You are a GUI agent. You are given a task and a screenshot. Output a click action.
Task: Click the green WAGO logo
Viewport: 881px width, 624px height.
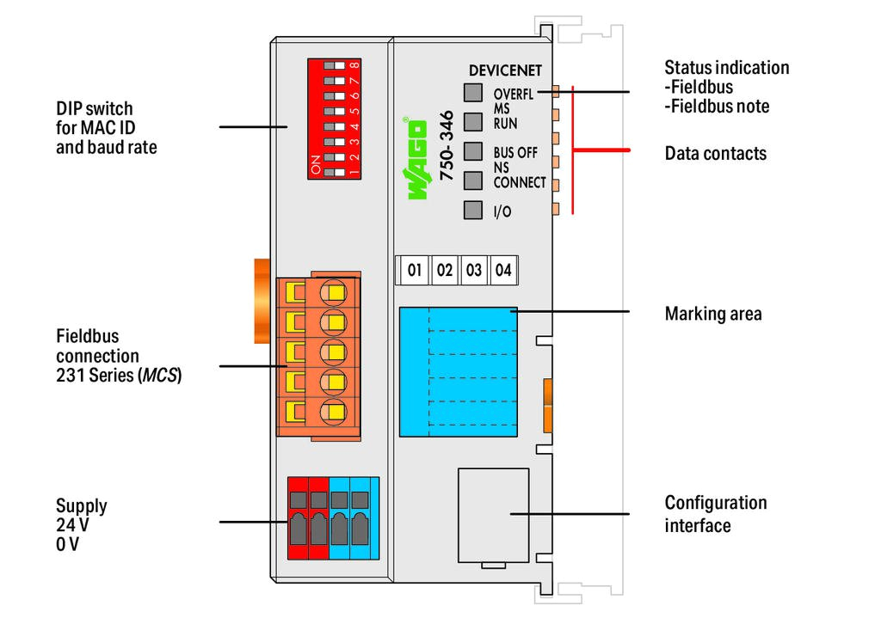point(416,159)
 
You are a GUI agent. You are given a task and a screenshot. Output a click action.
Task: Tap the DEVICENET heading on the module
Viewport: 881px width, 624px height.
point(505,70)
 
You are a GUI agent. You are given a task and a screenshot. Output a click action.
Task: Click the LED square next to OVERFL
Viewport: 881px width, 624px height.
point(473,93)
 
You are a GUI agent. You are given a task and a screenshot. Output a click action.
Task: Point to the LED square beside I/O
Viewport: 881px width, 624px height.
point(473,210)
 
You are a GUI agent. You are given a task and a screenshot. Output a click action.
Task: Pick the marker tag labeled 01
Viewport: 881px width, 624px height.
point(415,270)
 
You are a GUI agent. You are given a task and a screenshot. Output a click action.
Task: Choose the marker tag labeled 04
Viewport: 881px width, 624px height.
point(503,270)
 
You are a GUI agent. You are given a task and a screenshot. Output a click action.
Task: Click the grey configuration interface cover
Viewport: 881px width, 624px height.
point(493,514)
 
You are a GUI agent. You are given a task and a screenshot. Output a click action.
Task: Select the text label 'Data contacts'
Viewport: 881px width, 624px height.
point(715,154)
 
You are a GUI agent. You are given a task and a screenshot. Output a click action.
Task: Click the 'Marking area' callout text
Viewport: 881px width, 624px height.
point(712,314)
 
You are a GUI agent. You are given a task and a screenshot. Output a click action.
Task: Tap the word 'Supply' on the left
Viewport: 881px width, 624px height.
point(82,505)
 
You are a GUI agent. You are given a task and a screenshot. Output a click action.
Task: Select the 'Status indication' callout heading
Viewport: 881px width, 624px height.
point(726,68)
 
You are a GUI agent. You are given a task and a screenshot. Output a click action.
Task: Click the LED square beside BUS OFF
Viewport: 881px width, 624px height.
point(473,151)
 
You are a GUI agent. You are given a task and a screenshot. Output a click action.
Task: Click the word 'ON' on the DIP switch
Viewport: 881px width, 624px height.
point(315,164)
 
